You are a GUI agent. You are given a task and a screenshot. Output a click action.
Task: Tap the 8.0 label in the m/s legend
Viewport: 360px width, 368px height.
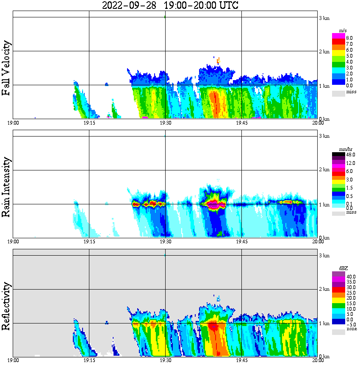[349, 38]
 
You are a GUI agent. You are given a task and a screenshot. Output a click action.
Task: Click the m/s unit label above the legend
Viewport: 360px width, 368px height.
[342, 31]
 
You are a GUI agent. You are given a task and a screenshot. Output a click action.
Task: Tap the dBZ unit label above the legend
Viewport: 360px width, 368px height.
[343, 268]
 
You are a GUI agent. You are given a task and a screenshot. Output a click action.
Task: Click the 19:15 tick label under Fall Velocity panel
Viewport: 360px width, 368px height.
[89, 123]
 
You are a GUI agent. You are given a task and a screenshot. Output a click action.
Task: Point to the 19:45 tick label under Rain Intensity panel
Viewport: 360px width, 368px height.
[241, 242]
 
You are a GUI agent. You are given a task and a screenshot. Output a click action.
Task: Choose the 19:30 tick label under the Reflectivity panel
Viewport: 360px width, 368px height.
[165, 361]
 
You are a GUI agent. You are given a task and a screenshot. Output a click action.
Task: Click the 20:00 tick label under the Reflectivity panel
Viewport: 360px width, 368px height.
[318, 361]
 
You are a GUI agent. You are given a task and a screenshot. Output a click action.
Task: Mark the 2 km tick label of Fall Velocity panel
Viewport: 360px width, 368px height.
[324, 52]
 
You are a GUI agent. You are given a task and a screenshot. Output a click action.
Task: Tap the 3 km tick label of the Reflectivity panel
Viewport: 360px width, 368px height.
[324, 256]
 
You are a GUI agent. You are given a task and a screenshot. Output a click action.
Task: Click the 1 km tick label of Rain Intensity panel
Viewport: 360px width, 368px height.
[324, 205]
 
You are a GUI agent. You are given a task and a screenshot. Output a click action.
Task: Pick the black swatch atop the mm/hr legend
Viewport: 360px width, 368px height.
[338, 154]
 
